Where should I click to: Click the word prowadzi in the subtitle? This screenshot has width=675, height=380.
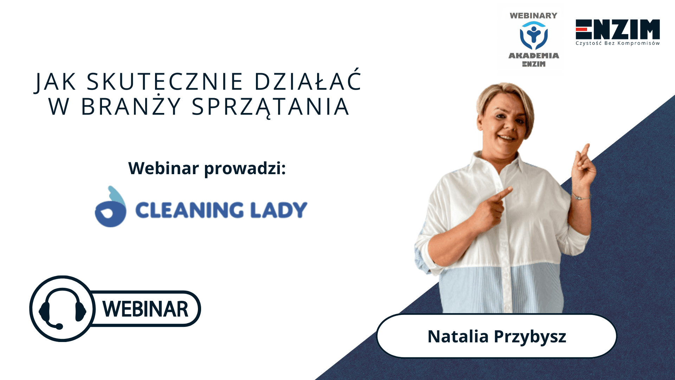(245, 169)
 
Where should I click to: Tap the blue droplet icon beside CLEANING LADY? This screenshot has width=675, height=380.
(110, 207)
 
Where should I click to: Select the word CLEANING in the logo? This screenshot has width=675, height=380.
(189, 210)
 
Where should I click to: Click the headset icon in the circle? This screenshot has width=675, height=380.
(63, 309)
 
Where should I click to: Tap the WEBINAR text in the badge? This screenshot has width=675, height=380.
(145, 309)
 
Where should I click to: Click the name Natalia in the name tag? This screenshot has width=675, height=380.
(458, 336)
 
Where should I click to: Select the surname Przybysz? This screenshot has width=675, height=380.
(530, 337)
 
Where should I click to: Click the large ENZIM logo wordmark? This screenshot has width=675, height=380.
(618, 29)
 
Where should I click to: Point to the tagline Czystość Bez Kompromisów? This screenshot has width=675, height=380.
(618, 43)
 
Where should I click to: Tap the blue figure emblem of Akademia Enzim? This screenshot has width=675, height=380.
(534, 35)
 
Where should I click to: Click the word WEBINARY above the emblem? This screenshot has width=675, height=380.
(534, 15)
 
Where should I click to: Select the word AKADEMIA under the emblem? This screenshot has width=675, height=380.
(534, 56)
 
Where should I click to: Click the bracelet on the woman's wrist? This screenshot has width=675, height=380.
(581, 197)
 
